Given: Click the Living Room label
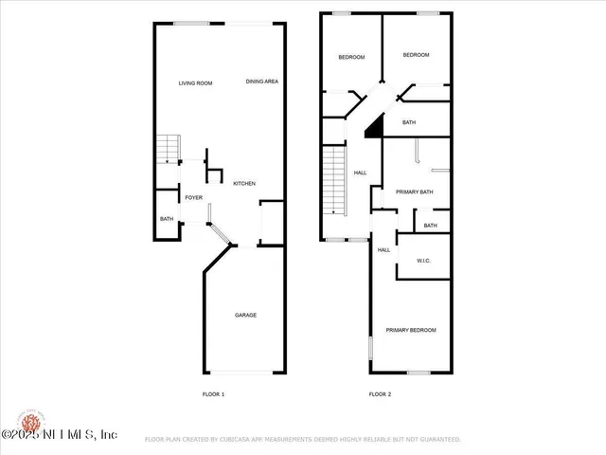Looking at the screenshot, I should [195, 83].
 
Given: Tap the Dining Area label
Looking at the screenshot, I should [261, 82].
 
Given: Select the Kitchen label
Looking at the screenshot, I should [244, 183].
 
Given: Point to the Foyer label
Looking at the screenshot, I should [193, 198].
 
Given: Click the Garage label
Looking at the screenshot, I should [245, 315].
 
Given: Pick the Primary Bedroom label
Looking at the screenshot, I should [411, 330].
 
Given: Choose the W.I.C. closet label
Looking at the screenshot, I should [424, 261].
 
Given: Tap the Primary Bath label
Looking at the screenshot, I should [415, 192].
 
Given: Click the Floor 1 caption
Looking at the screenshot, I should [214, 393].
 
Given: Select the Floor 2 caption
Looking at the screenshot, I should [380, 393].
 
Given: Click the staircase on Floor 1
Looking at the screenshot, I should [168, 149].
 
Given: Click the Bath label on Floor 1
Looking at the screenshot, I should [167, 220].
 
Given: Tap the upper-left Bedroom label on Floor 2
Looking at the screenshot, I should [351, 58].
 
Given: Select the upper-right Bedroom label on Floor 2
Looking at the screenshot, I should [416, 55].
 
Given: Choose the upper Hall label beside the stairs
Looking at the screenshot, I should [360, 173].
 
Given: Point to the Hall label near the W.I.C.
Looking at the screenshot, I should [383, 250].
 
